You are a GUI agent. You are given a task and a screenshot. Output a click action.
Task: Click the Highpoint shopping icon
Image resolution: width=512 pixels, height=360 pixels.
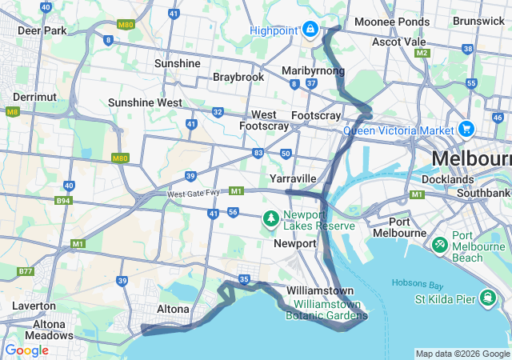tap(309, 30)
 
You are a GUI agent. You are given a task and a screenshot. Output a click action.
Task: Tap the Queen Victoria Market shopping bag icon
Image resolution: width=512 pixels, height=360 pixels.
tap(466, 129)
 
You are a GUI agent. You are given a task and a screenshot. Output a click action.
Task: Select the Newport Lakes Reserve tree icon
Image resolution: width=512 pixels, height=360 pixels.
tap(271, 218)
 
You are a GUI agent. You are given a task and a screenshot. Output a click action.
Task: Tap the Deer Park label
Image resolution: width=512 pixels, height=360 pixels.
tap(41, 30)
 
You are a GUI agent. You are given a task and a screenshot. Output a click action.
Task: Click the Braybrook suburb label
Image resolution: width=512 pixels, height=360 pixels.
tap(238, 77)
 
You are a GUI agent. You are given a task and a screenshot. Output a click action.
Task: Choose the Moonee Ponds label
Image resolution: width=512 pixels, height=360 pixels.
tap(381, 21)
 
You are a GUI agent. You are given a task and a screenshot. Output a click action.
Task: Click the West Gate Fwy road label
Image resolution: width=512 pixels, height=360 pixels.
tap(195, 194)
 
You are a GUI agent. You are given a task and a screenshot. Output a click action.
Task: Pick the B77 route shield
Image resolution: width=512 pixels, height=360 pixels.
tap(26, 272)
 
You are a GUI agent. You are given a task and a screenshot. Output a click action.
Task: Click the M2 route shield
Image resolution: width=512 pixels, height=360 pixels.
tap(422, 53)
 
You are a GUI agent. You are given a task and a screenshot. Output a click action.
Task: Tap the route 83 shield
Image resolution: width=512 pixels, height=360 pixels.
tap(258, 152)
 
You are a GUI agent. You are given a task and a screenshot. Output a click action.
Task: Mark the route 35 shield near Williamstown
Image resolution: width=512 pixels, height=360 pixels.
tap(244, 279)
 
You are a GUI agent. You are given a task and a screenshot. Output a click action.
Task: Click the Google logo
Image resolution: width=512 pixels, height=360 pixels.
tap(26, 350)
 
